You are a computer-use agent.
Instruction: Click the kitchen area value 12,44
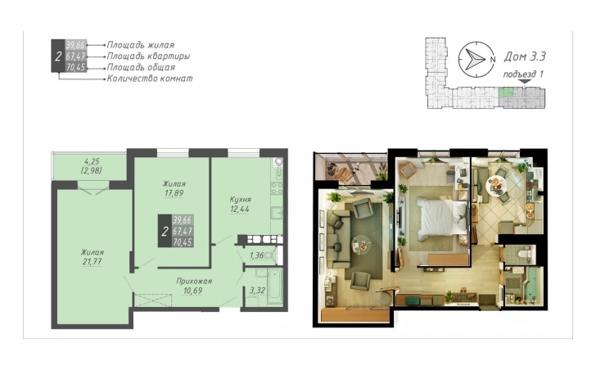click(239, 209)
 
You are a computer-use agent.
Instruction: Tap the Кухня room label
click(240, 200)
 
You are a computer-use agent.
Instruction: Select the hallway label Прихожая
click(194, 282)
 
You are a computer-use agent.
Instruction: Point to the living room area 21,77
click(92, 262)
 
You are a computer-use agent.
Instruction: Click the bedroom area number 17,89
click(174, 193)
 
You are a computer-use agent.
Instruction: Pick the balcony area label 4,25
click(91, 161)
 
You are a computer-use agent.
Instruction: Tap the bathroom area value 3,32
click(257, 291)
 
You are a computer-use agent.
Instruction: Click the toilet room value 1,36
click(256, 255)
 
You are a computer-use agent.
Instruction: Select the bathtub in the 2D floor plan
click(274, 287)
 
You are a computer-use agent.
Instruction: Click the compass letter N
click(493, 60)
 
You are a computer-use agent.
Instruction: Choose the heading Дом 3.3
click(525, 56)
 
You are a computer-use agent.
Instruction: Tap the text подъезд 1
click(523, 74)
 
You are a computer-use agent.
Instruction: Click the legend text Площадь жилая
click(141, 45)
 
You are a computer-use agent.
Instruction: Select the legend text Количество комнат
click(150, 79)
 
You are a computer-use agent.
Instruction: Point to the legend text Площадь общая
click(141, 68)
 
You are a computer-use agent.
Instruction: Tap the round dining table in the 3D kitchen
click(497, 186)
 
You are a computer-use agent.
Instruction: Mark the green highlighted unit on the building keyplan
click(506, 92)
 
